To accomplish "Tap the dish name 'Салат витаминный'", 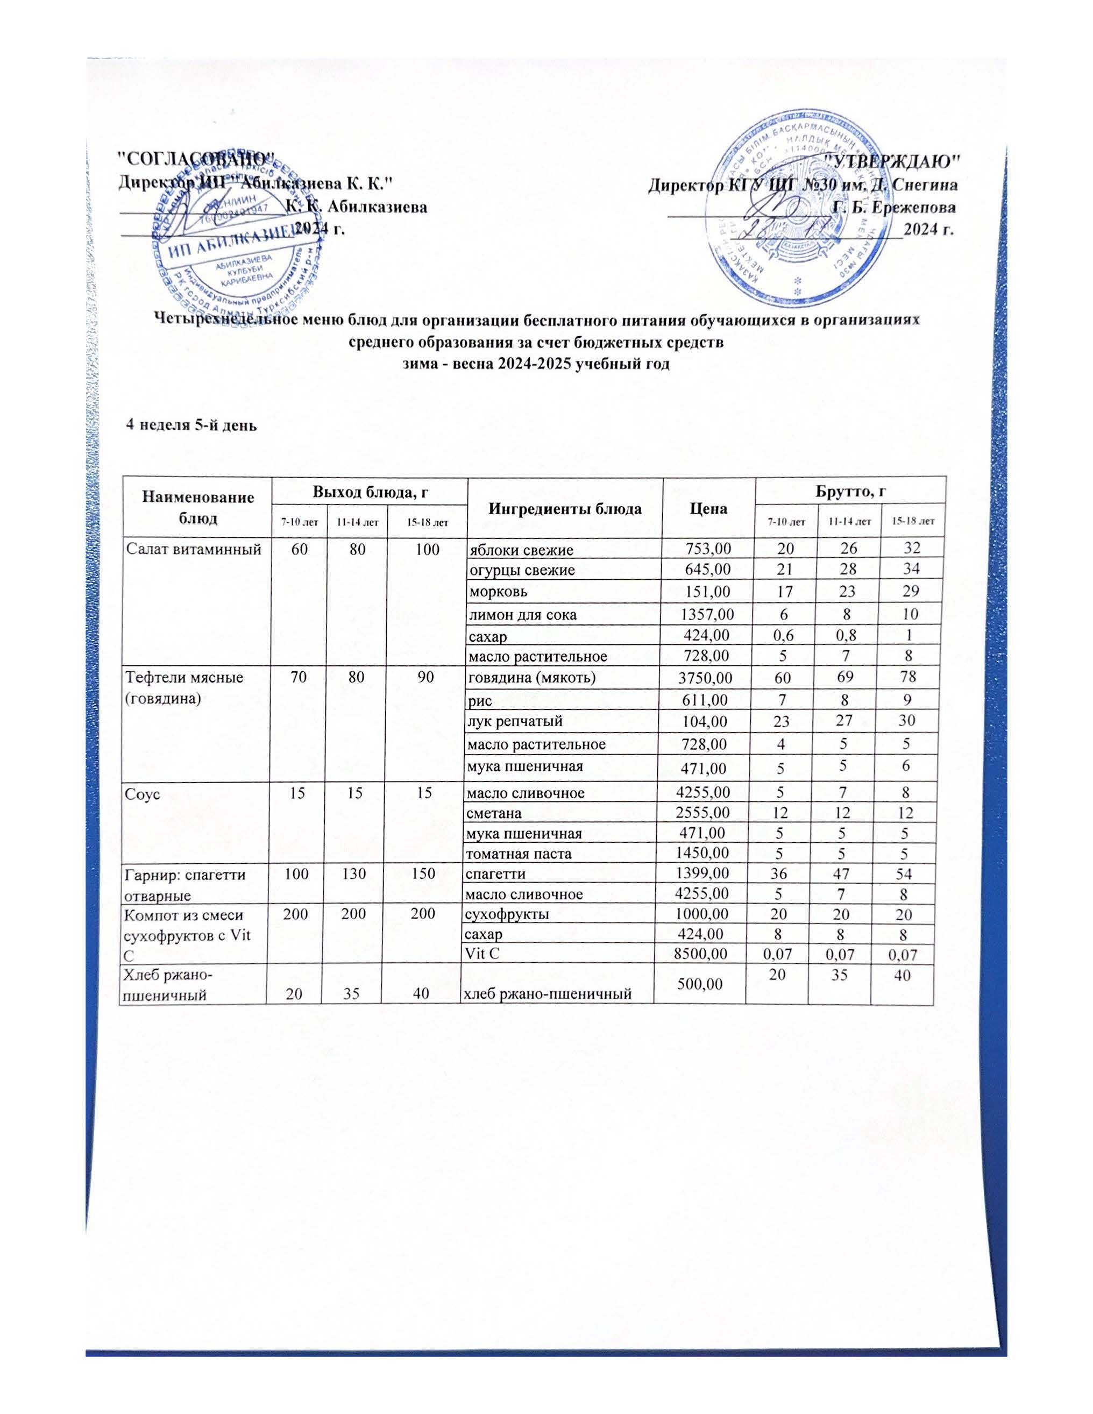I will [193, 550].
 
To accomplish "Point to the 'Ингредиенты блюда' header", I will [565, 508].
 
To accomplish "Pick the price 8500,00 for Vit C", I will [702, 953].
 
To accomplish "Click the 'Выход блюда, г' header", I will [369, 492].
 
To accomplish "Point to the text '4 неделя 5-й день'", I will [191, 425].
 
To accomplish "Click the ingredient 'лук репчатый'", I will [515, 721].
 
